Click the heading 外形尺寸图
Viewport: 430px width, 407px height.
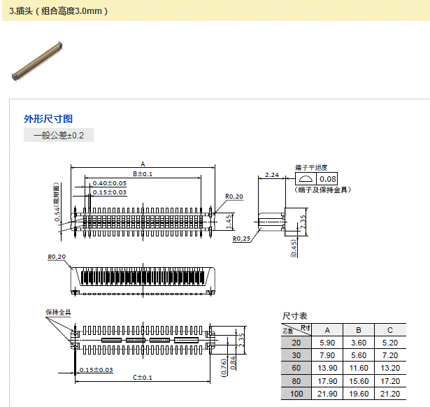click(x=48, y=119)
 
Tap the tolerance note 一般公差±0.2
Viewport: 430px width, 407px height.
click(x=58, y=135)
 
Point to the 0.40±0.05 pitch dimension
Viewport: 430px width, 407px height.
click(x=109, y=183)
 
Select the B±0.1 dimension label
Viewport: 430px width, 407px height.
click(x=142, y=173)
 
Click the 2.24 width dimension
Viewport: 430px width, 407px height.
click(x=273, y=175)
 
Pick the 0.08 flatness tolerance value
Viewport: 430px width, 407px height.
click(x=328, y=179)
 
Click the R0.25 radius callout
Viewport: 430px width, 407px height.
click(x=242, y=238)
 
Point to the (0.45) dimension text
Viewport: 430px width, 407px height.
click(x=294, y=248)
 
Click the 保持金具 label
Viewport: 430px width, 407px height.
click(x=59, y=312)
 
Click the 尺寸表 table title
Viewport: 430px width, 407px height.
click(x=294, y=316)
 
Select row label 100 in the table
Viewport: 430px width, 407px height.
click(x=296, y=394)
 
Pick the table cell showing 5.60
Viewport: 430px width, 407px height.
click(x=359, y=355)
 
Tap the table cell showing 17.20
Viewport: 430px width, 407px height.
click(x=390, y=381)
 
